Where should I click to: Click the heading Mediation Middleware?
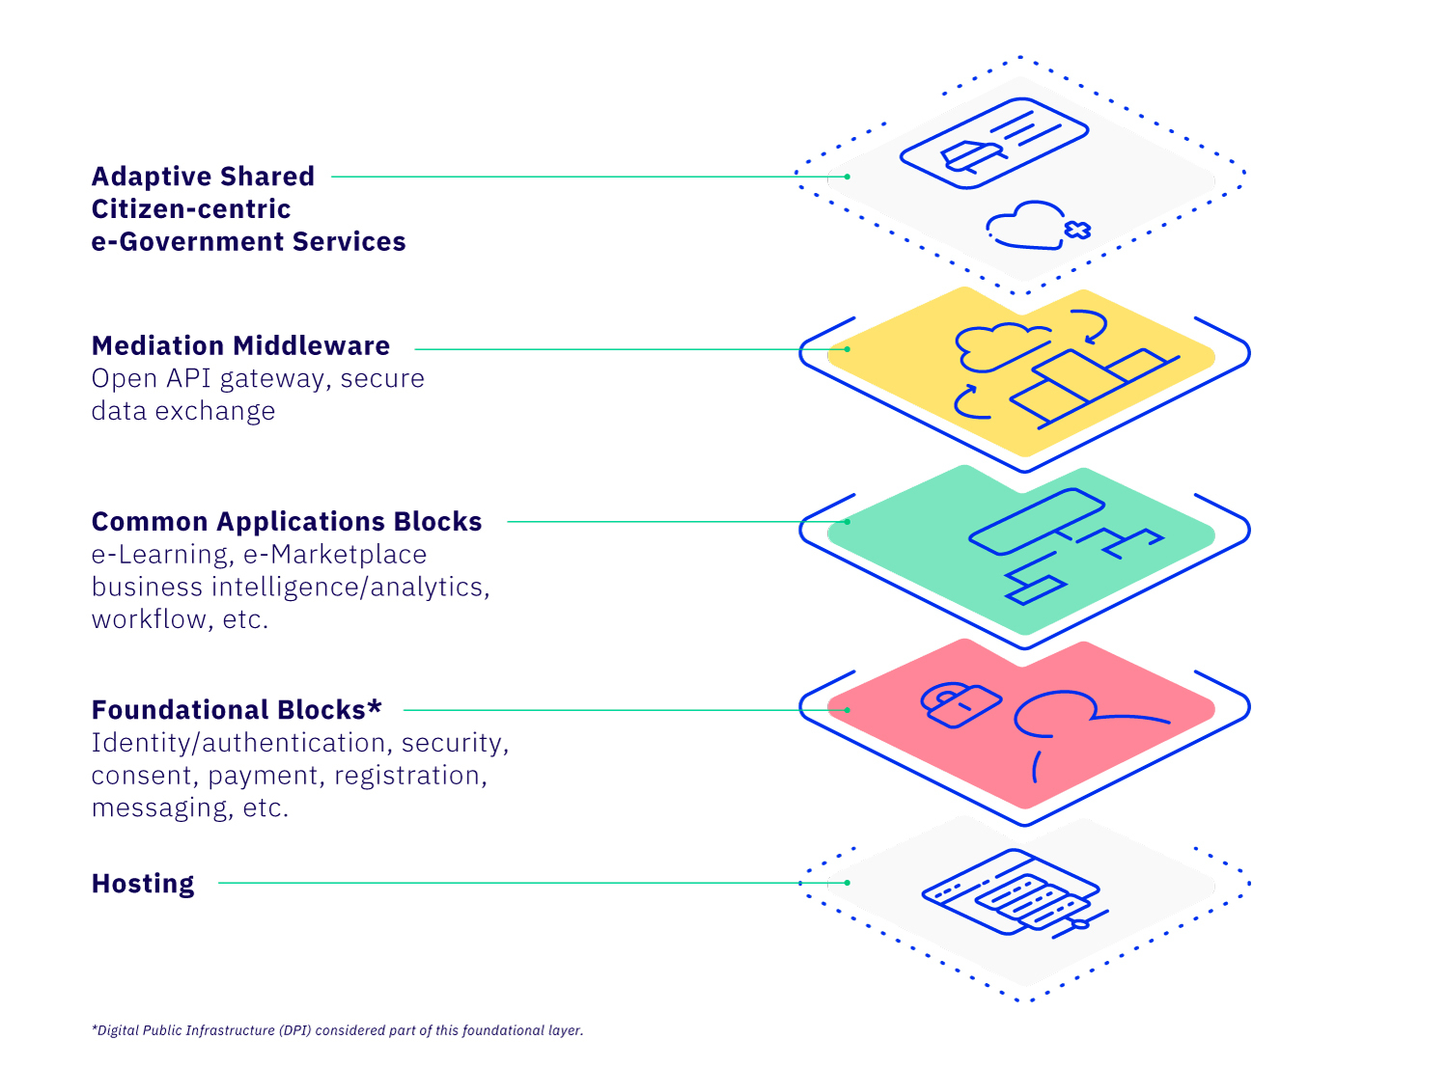(x=240, y=345)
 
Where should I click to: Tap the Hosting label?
(x=143, y=884)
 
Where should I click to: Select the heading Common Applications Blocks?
(x=287, y=522)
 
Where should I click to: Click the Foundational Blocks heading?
(x=229, y=710)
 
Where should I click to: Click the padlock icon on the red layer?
(x=959, y=703)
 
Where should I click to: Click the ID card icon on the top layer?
(x=994, y=143)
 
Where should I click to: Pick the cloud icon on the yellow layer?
(x=994, y=345)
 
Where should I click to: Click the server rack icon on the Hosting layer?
(x=1014, y=892)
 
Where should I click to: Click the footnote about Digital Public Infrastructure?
(x=337, y=1030)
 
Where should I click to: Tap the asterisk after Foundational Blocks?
(x=375, y=707)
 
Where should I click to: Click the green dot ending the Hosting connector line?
(x=847, y=883)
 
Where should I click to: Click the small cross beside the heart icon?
(x=1077, y=230)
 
